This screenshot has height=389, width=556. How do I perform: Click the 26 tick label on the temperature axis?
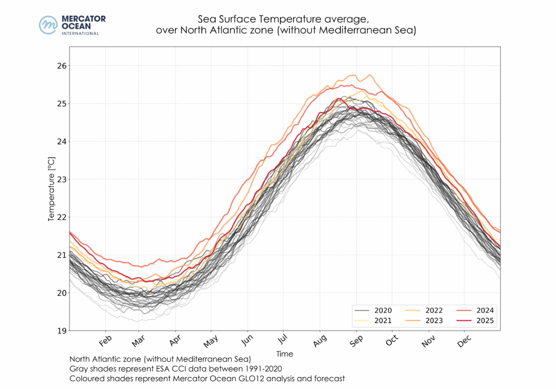[61, 66]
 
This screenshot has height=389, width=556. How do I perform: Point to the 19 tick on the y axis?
[61, 331]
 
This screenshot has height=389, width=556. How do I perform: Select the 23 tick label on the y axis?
[61, 180]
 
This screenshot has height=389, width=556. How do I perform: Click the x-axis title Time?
[285, 354]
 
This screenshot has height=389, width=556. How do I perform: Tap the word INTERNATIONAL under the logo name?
[80, 33]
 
